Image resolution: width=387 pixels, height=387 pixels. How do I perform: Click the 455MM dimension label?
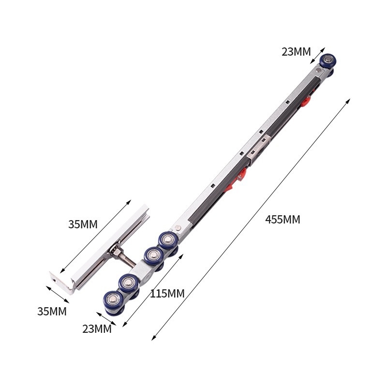tap(283, 220)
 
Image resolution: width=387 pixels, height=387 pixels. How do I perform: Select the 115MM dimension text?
tap(167, 294)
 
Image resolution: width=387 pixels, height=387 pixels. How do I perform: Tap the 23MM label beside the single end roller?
tap(296, 52)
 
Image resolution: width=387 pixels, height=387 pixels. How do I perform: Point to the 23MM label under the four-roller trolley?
tap(97, 329)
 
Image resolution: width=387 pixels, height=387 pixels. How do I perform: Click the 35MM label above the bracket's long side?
tap(83, 224)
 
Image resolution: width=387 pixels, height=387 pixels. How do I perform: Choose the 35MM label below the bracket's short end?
tap(52, 312)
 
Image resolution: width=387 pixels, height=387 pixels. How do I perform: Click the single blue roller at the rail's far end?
tap(328, 60)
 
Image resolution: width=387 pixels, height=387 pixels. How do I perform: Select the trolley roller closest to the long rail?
tap(168, 240)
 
